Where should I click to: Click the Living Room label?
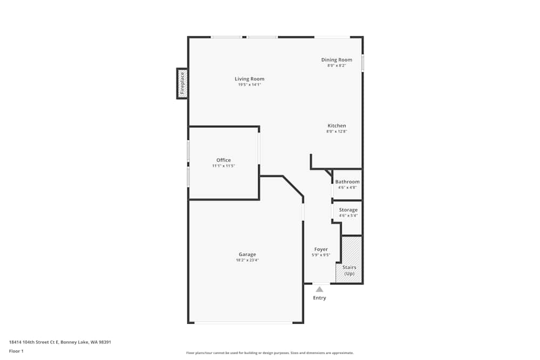249,79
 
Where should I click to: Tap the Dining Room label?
336,60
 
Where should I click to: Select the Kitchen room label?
336,126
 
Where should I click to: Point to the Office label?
224,160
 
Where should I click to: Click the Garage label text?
247,254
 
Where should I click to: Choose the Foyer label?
321,249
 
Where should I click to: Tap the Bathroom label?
347,182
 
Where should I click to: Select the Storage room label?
348,210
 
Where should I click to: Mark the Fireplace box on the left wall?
182,84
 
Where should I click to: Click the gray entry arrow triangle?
320,289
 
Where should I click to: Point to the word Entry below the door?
320,298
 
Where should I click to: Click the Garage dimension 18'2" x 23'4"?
247,260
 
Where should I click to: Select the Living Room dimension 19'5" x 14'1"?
249,85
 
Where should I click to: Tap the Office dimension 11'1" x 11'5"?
224,166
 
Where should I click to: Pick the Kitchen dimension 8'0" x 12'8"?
336,132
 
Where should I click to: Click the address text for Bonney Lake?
60,342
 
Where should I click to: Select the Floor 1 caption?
16,351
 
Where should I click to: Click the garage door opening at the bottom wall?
244,323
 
